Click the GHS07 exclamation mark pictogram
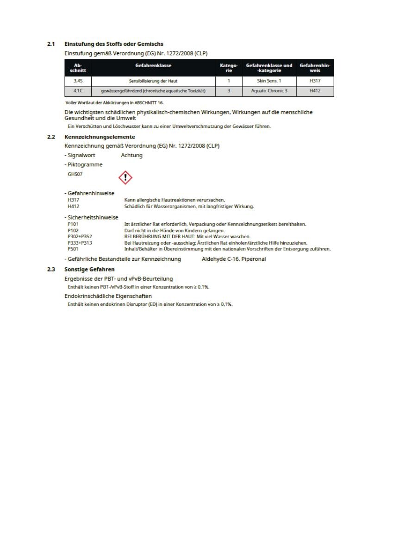(x=125, y=177)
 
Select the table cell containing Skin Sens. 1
(x=269, y=81)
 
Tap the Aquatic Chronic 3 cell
(x=269, y=91)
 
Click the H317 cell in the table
(x=315, y=81)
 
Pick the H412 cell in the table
(x=315, y=91)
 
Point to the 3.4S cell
(x=78, y=81)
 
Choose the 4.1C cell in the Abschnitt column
(x=78, y=91)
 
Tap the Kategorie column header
(x=229, y=68)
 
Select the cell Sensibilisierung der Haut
(x=153, y=81)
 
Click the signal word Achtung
(x=131, y=156)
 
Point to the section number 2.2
(x=51, y=137)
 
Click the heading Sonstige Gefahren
(x=89, y=269)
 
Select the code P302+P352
(x=80, y=236)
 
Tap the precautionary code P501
(x=73, y=249)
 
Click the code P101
(x=73, y=224)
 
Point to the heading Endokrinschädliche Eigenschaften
(x=108, y=296)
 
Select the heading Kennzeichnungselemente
(x=100, y=137)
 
